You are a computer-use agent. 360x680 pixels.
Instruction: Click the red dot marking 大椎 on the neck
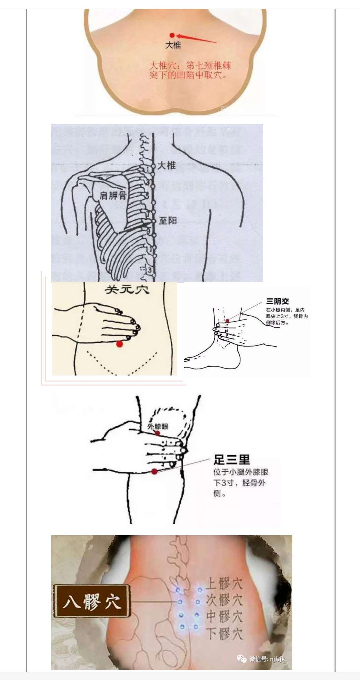point(172,35)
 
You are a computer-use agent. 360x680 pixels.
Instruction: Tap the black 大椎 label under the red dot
point(173,45)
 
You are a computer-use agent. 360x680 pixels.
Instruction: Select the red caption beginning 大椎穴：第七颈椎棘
point(190,70)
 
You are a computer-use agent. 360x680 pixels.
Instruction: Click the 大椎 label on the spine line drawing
point(166,165)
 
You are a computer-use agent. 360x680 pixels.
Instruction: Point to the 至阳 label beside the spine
point(167,220)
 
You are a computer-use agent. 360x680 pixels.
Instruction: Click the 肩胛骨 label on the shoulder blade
point(113,195)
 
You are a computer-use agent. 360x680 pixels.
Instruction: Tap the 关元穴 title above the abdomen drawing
point(127,290)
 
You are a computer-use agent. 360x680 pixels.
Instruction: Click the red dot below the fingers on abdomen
point(120,344)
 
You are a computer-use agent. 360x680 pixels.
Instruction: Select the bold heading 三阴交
point(277,301)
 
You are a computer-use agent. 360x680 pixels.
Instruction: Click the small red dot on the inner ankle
point(227,321)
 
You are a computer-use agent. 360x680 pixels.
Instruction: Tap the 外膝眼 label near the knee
point(158,426)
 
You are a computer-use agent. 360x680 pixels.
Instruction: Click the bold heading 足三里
point(232,460)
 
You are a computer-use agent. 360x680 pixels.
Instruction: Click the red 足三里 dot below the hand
point(154,472)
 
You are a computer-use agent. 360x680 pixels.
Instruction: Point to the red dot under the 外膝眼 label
point(157,433)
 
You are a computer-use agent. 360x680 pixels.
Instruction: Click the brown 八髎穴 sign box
point(91,601)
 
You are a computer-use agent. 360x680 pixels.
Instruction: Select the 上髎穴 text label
point(223,584)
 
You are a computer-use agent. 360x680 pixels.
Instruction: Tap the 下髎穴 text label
point(223,634)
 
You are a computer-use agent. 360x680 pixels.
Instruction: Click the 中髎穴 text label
point(223,616)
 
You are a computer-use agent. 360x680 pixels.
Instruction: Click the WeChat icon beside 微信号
point(242,659)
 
